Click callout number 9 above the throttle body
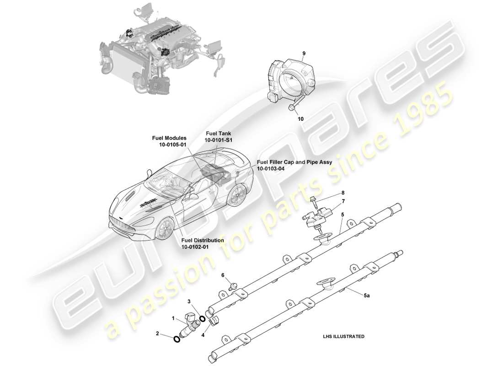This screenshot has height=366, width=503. click(x=304, y=54)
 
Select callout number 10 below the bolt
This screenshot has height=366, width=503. click(x=300, y=118)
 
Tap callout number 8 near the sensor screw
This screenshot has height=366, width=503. click(x=343, y=193)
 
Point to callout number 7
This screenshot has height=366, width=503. click(x=343, y=201)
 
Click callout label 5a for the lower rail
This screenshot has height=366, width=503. click(x=366, y=296)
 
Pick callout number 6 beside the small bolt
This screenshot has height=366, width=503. click(x=223, y=275)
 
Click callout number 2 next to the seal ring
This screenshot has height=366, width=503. click(x=157, y=334)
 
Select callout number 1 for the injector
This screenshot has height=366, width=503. click(x=173, y=318)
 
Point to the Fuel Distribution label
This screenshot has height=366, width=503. click(x=203, y=240)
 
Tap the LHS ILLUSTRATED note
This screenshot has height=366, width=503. click(x=343, y=336)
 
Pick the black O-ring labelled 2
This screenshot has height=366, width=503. click(x=177, y=339)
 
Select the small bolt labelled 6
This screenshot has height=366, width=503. click(x=233, y=286)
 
